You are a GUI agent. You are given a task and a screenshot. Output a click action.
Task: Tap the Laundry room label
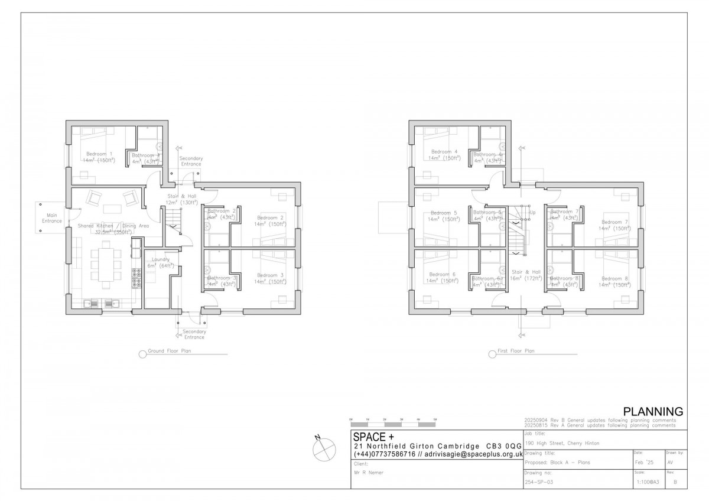[x=161, y=259]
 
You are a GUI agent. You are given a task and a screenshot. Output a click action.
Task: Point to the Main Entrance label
[x=52, y=217]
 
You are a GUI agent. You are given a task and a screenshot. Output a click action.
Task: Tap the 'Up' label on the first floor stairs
[x=532, y=212]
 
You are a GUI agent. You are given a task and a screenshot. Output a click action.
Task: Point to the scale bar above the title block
[x=393, y=424]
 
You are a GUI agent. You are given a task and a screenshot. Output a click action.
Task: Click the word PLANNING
[x=653, y=411]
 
